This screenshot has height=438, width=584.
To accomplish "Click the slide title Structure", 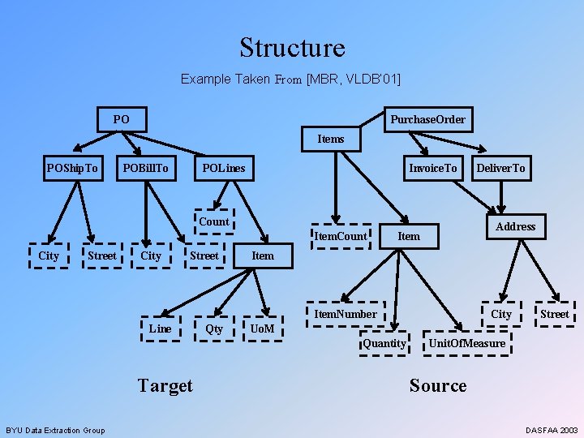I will point(292,48).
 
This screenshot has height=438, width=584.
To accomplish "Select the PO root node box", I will point(122,119).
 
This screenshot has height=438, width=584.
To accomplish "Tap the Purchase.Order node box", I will point(427,119).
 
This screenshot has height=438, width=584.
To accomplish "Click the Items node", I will point(331,139).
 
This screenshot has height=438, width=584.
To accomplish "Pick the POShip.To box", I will point(72,168).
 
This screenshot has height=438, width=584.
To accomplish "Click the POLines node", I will point(223,168).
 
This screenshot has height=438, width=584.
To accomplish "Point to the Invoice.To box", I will point(433,168).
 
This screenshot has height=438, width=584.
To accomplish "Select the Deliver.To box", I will point(500,168).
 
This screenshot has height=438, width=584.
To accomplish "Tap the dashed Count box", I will point(213,221).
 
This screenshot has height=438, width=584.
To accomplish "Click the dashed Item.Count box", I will point(341,235).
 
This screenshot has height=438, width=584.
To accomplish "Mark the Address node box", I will point(516,226).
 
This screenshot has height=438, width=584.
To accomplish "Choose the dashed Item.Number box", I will point(346,314).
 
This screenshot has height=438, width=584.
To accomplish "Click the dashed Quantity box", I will point(384,343).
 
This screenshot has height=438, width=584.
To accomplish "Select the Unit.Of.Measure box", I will point(466,343).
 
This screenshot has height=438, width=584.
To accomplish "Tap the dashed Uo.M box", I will point(262,328).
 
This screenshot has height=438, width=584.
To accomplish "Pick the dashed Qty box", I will point(214,328).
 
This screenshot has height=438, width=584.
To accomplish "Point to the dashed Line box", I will point(161,328).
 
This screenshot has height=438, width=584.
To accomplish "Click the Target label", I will point(165,385).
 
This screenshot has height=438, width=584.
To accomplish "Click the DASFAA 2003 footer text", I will point(552,430).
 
